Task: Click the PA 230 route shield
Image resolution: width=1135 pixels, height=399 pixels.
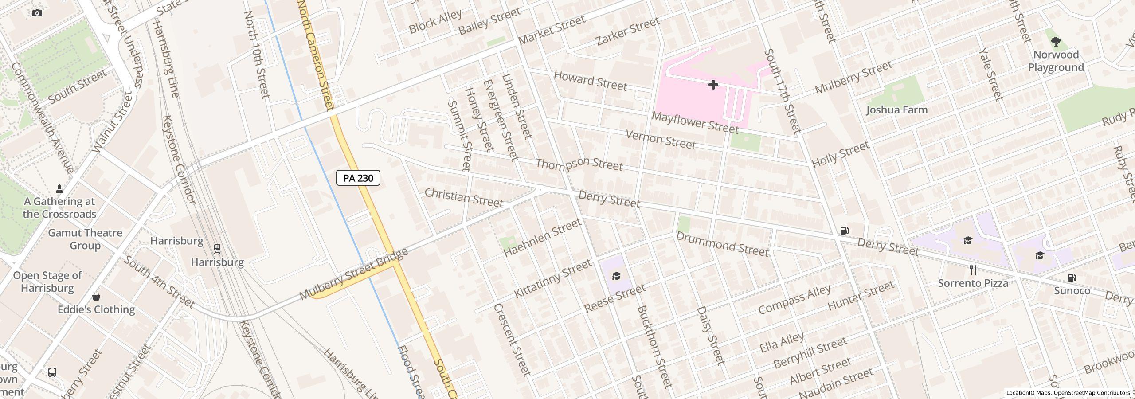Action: pos(358,178)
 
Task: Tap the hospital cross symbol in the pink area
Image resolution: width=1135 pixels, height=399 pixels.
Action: pos(713,85)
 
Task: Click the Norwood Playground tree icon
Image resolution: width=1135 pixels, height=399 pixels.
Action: pos(1056,42)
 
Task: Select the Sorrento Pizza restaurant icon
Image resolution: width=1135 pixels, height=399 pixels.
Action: pos(973,270)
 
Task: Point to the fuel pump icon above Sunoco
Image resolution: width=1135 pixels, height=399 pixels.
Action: pos(1072,278)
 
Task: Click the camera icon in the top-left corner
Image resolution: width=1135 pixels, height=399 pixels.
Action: pos(37,13)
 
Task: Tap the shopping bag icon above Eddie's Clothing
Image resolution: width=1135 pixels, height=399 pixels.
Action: pos(96,296)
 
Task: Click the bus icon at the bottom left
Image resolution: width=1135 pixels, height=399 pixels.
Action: pos(52,372)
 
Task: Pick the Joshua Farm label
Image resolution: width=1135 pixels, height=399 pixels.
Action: pos(896,110)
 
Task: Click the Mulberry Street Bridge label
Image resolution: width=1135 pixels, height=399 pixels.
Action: pos(353,274)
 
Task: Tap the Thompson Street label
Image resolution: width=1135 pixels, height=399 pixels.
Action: pos(579,164)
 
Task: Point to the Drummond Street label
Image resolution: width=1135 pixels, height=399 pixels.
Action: pos(722,244)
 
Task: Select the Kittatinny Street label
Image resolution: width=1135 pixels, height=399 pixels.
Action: pos(552,279)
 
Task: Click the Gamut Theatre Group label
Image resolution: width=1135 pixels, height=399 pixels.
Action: pos(85,239)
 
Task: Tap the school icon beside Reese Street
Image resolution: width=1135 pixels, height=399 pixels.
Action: pos(616,276)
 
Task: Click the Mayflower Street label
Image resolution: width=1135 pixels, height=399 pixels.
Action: pos(695,123)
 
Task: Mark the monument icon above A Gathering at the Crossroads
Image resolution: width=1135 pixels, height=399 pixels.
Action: pos(59,188)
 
